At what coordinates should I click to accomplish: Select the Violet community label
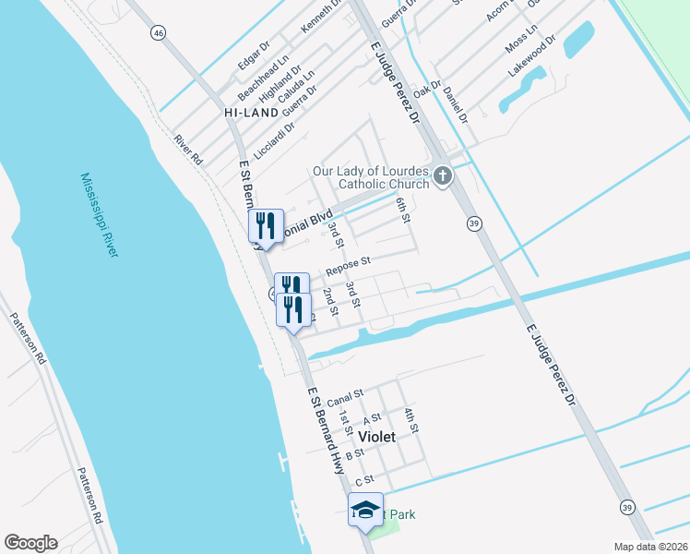(x=376, y=436)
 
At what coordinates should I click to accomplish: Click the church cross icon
(x=443, y=175)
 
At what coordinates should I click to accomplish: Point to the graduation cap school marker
(x=365, y=510)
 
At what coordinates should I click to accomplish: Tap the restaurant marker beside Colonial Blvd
(x=264, y=225)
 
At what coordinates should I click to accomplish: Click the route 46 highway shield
(x=160, y=33)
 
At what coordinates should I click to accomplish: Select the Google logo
(x=30, y=543)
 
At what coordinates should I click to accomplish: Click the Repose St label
(x=348, y=266)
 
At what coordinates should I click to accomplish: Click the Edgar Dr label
(x=254, y=57)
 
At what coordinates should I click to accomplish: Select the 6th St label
(x=401, y=209)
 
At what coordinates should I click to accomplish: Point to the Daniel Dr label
(x=456, y=105)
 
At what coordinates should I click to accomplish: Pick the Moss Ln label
(x=520, y=39)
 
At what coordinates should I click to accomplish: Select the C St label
(x=363, y=481)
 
